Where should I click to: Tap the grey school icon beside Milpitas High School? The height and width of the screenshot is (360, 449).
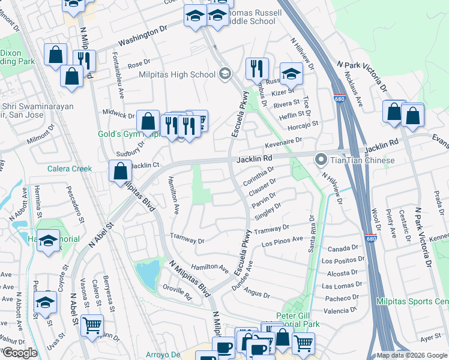tap(225, 74)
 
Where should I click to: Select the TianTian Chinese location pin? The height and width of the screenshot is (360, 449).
tap(321, 160)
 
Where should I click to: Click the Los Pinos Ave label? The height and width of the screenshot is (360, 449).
tap(282, 241)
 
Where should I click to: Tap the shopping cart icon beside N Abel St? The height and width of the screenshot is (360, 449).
tap(91, 326)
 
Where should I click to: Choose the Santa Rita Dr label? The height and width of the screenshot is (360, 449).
tap(311, 232)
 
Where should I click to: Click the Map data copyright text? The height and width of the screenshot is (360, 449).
tap(411, 355)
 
